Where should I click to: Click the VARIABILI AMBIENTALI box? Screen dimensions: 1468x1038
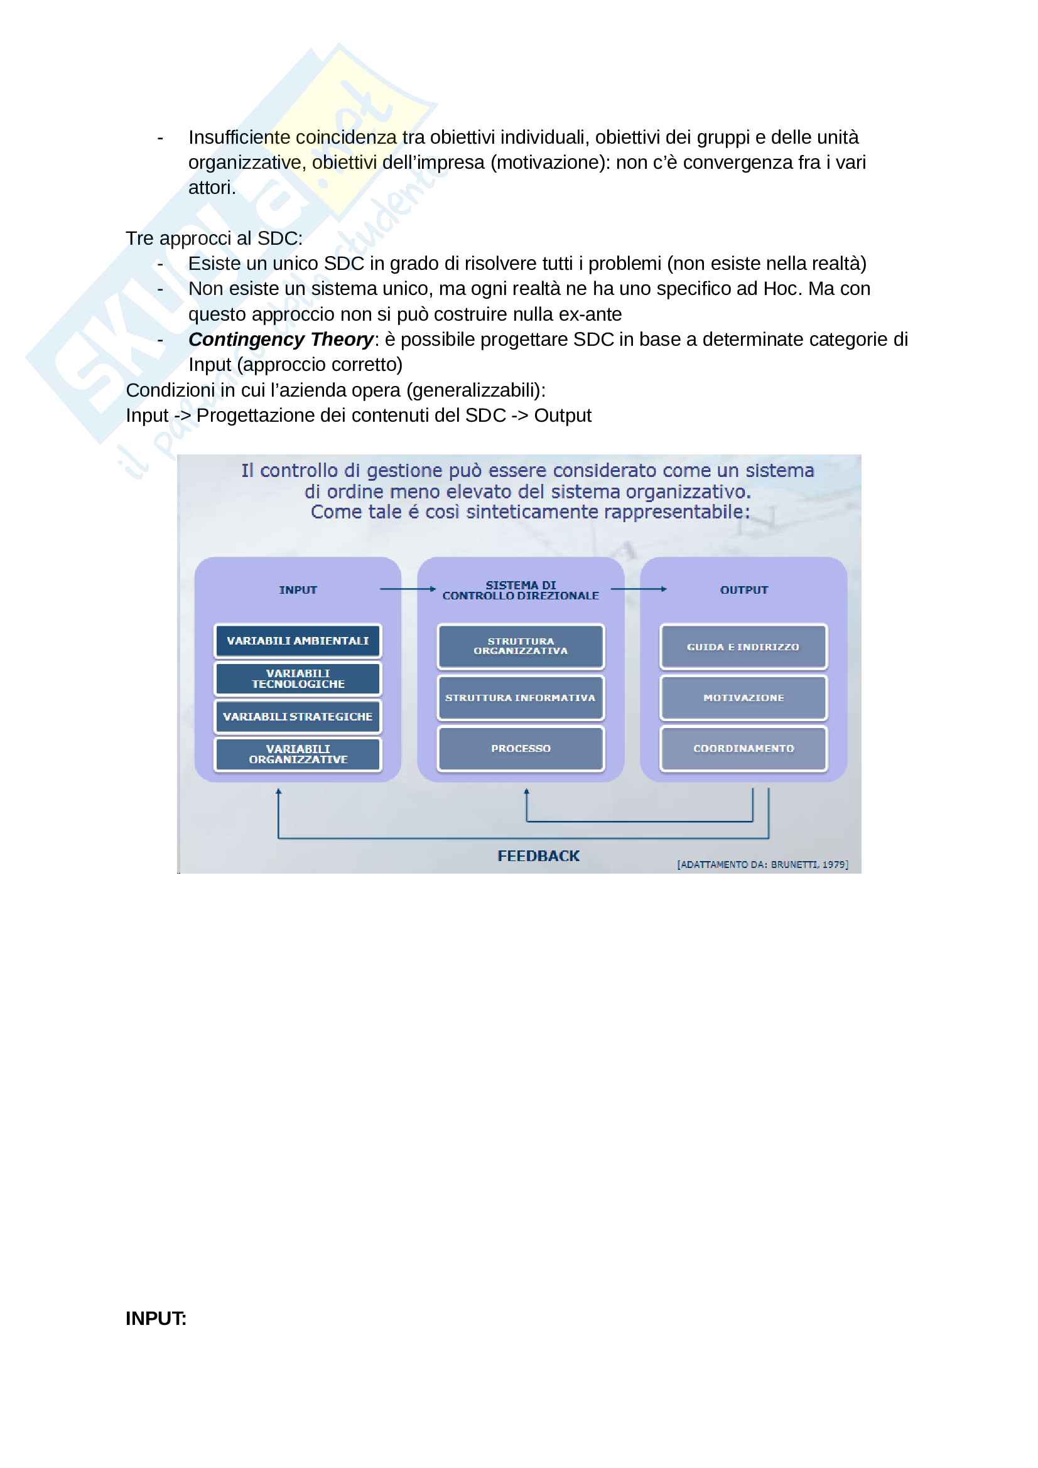click(x=298, y=641)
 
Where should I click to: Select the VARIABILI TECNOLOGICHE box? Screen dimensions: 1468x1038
click(x=298, y=678)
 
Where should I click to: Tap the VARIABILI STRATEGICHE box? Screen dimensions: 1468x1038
click(x=298, y=717)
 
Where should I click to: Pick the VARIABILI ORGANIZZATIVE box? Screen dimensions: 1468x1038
click(x=298, y=754)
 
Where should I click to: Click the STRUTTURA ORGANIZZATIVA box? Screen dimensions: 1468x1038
click(x=521, y=646)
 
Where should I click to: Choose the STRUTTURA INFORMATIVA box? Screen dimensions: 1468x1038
click(x=521, y=697)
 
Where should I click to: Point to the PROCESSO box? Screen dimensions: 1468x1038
click(x=521, y=748)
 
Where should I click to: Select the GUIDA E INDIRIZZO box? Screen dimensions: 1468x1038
click(x=743, y=646)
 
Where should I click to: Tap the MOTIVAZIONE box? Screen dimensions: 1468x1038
click(x=743, y=697)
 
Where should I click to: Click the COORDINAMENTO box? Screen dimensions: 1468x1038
click(x=743, y=748)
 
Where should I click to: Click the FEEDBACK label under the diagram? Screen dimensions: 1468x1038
click(x=539, y=856)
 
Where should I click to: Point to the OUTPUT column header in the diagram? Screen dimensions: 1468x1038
click(x=743, y=590)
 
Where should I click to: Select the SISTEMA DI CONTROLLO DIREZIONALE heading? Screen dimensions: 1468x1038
click(x=521, y=590)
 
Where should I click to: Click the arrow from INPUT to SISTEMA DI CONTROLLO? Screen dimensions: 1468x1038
click(x=408, y=589)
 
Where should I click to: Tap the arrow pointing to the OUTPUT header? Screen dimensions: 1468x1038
click(x=638, y=589)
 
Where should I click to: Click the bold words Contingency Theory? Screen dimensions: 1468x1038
click(x=281, y=340)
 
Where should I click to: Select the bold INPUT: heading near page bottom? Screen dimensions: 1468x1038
click(x=156, y=1319)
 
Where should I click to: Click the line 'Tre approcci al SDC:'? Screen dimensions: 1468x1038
click(x=214, y=238)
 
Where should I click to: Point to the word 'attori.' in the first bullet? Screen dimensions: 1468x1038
click(x=212, y=188)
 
